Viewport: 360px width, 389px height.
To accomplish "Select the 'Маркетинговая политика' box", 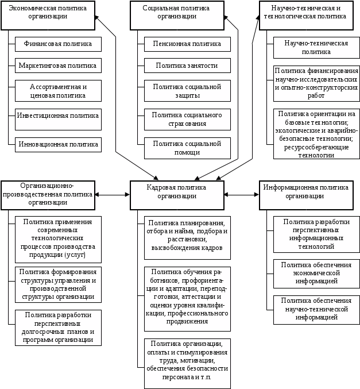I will point(58,66).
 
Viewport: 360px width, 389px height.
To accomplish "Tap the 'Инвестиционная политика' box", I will point(58,116).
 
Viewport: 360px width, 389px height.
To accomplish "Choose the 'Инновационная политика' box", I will point(58,144).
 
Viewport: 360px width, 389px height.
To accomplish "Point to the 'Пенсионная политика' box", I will point(187,44).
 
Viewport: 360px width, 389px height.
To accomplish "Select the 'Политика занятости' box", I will point(187,66).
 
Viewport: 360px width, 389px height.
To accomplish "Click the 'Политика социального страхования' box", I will point(187,119).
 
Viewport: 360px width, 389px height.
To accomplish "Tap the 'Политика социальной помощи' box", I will point(187,148).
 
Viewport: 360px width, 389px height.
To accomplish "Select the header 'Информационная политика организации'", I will point(305,191).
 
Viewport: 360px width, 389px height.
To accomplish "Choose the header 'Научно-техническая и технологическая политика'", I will point(305,13).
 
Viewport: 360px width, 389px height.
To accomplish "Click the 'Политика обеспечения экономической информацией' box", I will point(316,273).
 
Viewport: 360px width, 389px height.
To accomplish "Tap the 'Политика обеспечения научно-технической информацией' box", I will point(316,309).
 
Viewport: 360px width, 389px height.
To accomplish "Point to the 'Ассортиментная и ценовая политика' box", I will point(58,91).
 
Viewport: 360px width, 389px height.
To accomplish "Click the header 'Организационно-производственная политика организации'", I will point(48,194).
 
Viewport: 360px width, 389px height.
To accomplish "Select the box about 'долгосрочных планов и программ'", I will point(58,328).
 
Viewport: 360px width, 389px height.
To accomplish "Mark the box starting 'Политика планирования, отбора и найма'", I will point(187,234).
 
